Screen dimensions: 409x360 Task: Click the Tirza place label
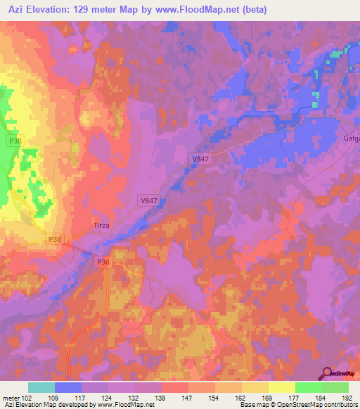(102, 226)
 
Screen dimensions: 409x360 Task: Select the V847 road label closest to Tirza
(148, 201)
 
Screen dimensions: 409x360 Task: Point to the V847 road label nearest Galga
(201, 160)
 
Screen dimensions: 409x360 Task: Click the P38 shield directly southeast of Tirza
(103, 262)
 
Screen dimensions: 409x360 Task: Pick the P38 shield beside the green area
(15, 141)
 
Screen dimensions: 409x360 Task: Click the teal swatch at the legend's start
(41, 387)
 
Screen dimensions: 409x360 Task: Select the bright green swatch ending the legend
(335, 387)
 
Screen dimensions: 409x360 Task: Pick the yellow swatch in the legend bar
(282, 387)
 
